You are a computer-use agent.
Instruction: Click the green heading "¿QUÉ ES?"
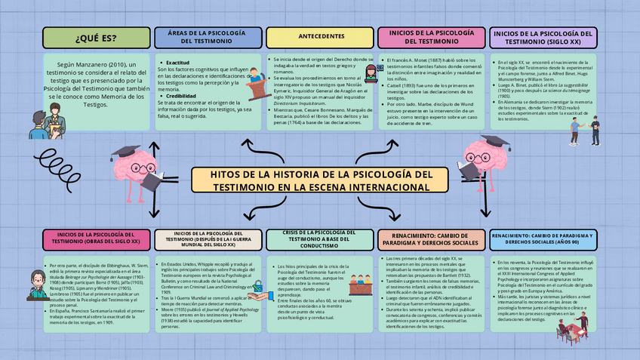pos(97,38)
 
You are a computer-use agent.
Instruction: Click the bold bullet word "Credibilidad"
pos(181,97)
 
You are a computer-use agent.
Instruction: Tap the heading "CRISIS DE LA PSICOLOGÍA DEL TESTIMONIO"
pos(321,239)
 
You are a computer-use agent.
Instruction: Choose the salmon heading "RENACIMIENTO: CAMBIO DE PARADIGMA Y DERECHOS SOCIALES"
pos(430,239)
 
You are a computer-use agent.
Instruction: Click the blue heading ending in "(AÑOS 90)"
pos(545,239)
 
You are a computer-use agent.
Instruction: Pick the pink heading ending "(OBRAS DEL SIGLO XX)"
pos(97,239)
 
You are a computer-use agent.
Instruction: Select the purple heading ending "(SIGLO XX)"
pos(543,38)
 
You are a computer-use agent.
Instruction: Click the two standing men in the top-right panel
pos(585,130)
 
